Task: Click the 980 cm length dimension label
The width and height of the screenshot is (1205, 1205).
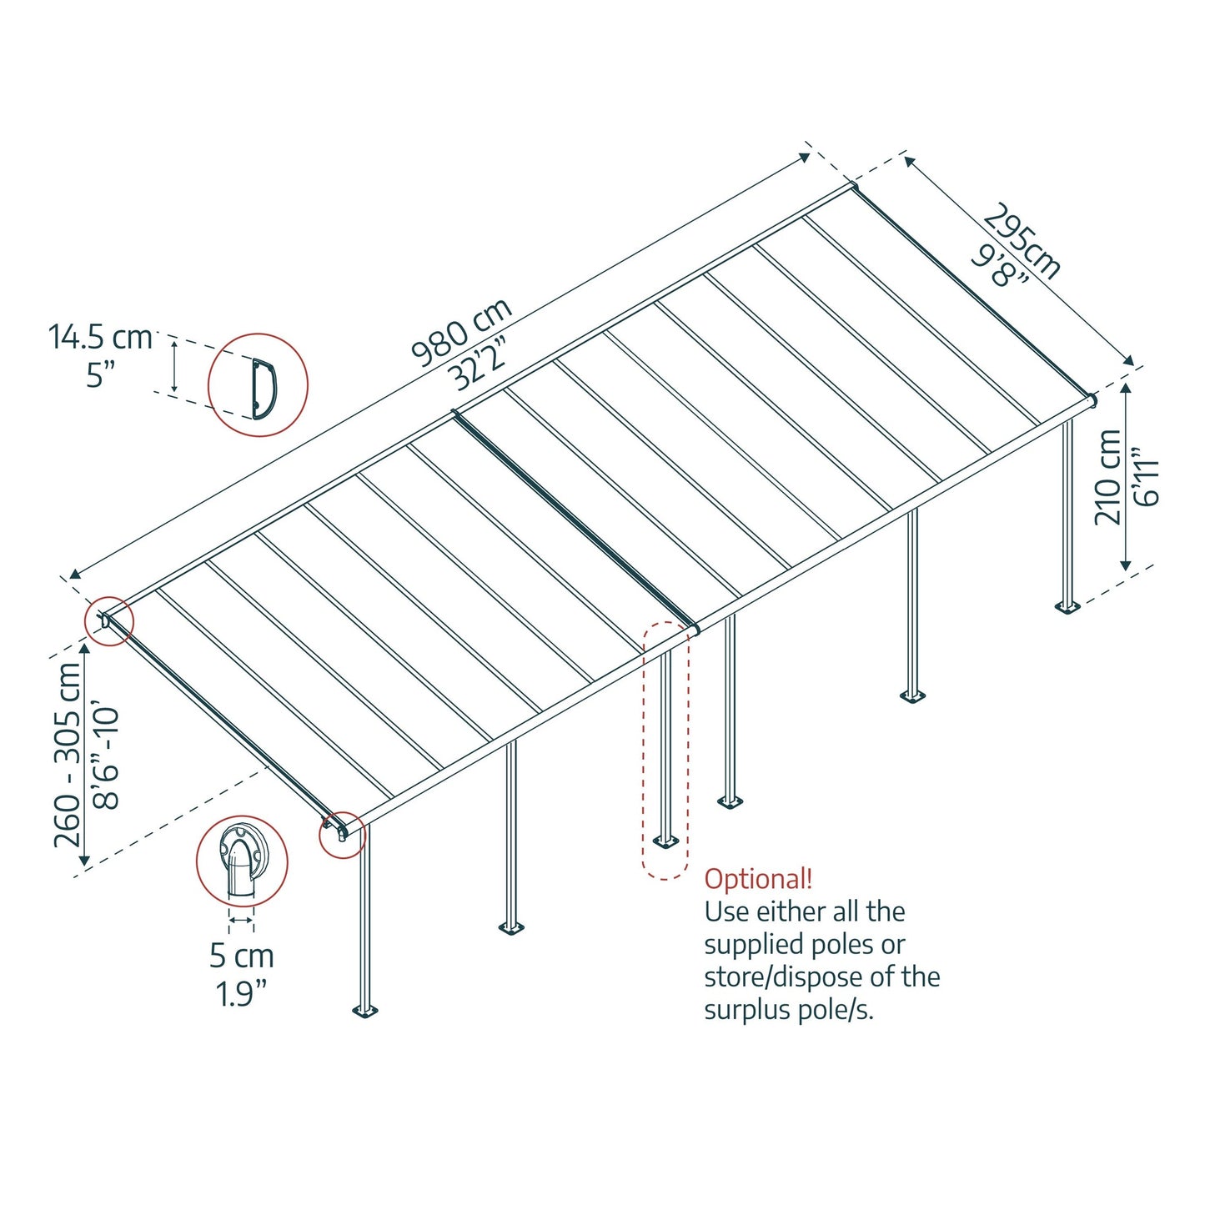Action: click(x=460, y=332)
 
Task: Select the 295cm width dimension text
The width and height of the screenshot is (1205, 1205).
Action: click(x=1022, y=241)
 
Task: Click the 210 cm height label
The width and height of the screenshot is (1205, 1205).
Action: click(x=1107, y=477)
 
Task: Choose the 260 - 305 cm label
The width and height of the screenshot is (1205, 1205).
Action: click(x=68, y=755)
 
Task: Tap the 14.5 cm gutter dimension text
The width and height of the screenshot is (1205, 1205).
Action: click(x=100, y=338)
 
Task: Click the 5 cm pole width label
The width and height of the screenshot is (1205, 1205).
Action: click(x=241, y=956)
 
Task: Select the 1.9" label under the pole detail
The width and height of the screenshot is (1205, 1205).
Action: click(x=241, y=993)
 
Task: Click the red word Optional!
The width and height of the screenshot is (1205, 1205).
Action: click(x=758, y=879)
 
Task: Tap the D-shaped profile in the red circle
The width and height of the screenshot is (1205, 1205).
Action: click(x=264, y=387)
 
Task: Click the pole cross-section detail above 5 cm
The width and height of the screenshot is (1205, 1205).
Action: click(x=241, y=861)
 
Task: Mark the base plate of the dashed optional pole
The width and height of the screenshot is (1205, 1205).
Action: click(x=665, y=841)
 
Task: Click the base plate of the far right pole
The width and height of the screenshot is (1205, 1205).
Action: click(x=1067, y=605)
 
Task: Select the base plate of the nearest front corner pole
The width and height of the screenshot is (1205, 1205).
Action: click(x=364, y=1012)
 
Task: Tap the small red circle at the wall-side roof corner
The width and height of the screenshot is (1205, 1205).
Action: click(x=109, y=621)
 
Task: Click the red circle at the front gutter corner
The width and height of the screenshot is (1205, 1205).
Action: click(x=342, y=834)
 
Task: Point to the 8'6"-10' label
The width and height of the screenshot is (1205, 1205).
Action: click(x=107, y=759)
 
